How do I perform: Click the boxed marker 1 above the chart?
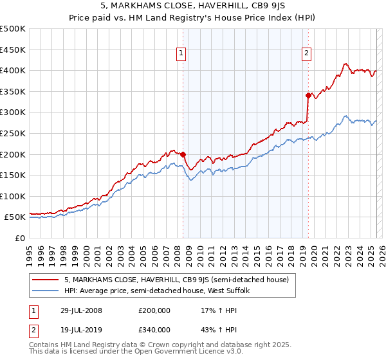[182, 53]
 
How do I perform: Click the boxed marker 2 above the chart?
[307, 53]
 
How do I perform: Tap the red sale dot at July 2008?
[183, 154]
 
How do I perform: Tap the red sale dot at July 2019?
[308, 95]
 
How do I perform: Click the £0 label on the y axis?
[19, 238]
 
